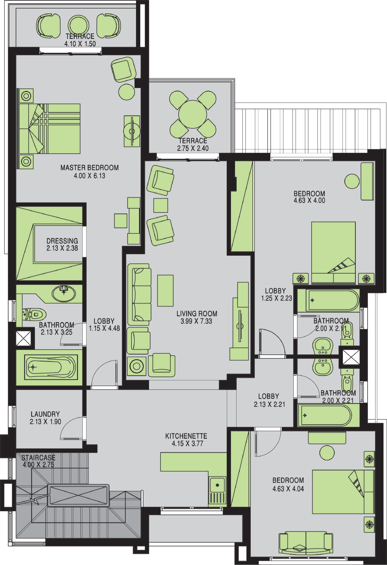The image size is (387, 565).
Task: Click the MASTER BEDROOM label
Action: (89, 167)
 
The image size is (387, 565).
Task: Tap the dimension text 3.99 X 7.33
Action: (196, 321)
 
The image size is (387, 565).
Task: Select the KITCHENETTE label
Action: (186, 436)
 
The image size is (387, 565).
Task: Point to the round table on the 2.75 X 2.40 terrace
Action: (193, 114)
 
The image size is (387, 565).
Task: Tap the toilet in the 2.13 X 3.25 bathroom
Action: (34, 314)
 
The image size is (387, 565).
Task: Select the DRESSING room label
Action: (62, 241)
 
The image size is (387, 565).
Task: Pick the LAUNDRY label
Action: (45, 414)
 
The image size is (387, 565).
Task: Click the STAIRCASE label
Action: (38, 457)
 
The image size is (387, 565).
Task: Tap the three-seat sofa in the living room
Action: (139, 294)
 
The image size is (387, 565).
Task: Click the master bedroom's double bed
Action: (49, 129)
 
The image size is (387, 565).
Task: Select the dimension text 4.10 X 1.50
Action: (80, 44)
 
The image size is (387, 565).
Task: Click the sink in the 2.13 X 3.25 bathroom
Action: (64, 293)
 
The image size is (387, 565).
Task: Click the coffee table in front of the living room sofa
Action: (165, 291)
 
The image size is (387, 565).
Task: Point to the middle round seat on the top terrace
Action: (78, 25)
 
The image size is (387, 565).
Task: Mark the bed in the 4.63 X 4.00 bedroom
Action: (334, 253)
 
